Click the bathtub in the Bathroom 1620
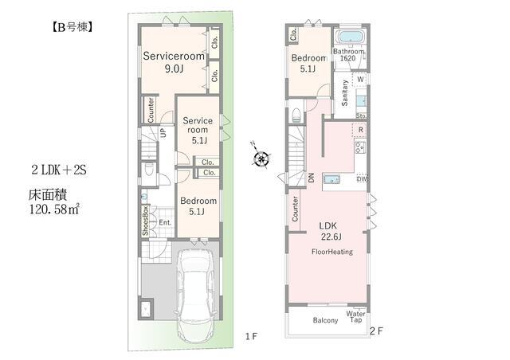point(350,37)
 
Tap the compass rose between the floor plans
point(261,158)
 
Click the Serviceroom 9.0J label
point(174,62)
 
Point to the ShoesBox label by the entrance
point(145,221)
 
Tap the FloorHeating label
point(332,252)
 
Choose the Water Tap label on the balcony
point(355,317)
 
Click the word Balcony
point(325,320)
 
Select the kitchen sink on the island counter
point(332,179)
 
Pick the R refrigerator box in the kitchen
point(360,130)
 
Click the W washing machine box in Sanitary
point(360,80)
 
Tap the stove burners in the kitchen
point(360,147)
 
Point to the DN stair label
point(312,178)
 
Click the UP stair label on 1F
point(163,132)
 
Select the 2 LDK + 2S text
point(59,170)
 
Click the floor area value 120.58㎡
point(54,209)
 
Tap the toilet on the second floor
point(296,115)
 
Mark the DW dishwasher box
point(362,179)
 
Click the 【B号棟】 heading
point(72,27)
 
